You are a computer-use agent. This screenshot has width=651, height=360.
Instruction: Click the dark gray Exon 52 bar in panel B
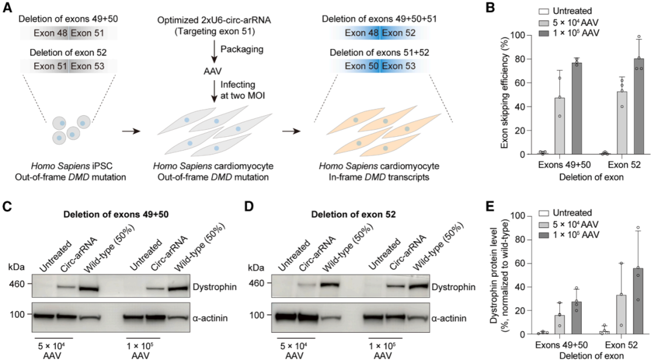tap(638, 106)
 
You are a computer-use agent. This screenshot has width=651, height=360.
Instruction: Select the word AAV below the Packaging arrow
tap(213, 71)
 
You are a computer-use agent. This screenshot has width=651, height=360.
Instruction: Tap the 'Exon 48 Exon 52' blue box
tap(380, 33)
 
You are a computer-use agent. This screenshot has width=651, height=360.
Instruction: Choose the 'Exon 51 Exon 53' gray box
tap(69, 66)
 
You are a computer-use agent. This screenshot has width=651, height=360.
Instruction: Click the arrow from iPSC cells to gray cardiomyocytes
tap(131, 131)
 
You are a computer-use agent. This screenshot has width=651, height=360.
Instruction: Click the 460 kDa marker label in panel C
tap(17, 284)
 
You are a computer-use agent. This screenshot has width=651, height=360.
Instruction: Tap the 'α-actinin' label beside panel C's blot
tap(210, 318)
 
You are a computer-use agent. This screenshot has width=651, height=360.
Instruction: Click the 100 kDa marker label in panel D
tap(257, 315)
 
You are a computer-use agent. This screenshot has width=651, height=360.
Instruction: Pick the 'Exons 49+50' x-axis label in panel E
tap(562, 345)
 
